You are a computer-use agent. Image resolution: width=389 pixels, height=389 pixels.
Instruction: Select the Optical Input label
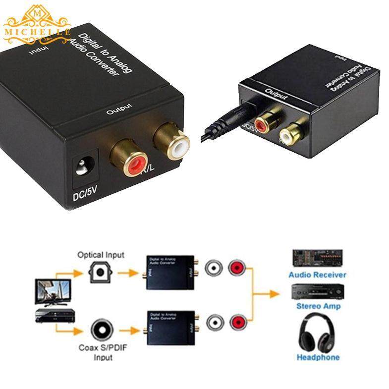(x=101, y=255)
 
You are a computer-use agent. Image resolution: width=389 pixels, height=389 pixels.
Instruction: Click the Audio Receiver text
(x=318, y=275)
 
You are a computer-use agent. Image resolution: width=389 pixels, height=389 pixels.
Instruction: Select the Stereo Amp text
(x=318, y=306)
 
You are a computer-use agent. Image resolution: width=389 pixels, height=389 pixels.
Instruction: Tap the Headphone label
(x=318, y=357)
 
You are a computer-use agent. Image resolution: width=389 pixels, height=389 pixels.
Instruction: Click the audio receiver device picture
(x=318, y=258)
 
